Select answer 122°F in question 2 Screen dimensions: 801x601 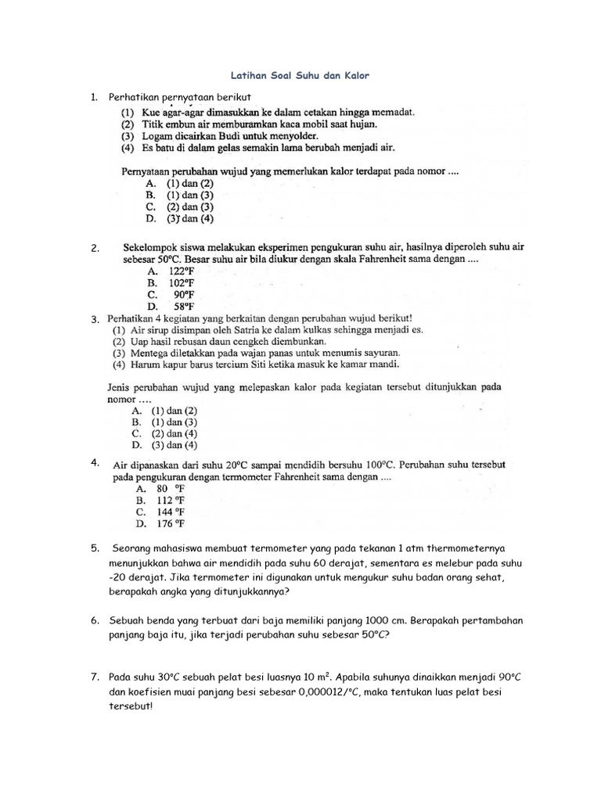tap(173, 270)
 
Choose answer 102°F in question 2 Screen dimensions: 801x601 tap(173, 282)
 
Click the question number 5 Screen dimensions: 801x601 tap(94, 548)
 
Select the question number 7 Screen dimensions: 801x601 tap(94, 675)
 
